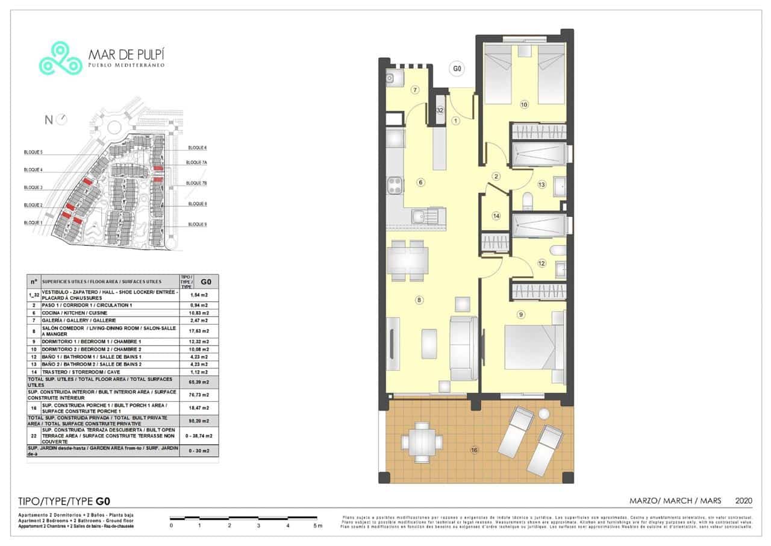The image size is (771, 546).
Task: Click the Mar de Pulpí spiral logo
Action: (x=60, y=58)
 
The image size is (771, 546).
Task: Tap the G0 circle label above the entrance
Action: (x=457, y=69)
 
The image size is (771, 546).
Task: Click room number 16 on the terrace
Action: (x=474, y=450)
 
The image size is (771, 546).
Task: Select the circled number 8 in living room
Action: (x=419, y=300)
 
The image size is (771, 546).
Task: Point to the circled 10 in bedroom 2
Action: (x=523, y=104)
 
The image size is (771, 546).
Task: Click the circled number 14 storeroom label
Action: (x=496, y=216)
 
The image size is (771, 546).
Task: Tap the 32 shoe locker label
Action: (x=440, y=110)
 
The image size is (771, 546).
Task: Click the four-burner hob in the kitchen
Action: (x=395, y=185)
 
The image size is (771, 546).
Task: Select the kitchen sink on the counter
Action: (x=417, y=215)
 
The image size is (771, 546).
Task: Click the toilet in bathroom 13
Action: (x=528, y=199)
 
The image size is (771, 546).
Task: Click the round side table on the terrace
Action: (x=545, y=415)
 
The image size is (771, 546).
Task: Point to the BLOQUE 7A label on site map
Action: (x=196, y=163)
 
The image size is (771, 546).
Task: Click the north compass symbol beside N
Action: (x=61, y=119)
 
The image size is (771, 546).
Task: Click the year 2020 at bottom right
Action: (x=744, y=501)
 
